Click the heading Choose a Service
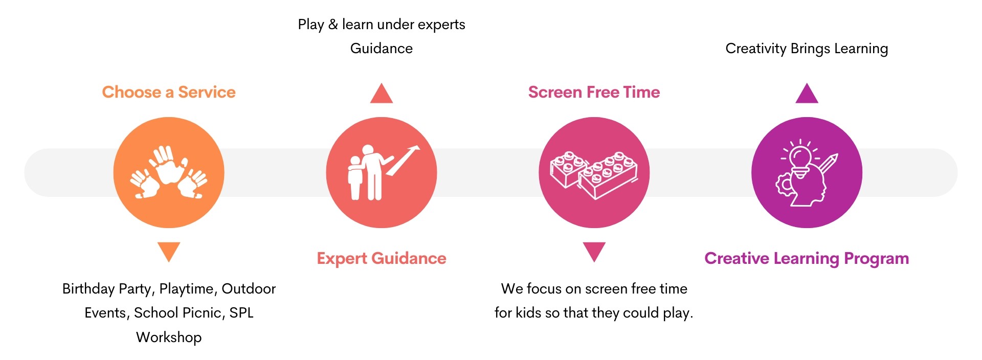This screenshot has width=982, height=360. point(169,92)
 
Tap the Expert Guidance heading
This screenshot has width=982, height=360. point(382,259)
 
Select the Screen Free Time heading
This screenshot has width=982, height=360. point(594,92)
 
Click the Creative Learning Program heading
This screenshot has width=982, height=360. point(807,259)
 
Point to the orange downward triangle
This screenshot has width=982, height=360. point(169,251)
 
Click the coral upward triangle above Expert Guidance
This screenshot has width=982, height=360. point(382,94)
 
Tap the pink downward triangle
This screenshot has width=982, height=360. point(594,251)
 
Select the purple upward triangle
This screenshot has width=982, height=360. point(807,94)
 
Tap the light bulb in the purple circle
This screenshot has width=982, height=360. point(800,159)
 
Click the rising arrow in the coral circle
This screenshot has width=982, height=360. point(403,160)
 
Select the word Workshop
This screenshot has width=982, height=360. point(169,337)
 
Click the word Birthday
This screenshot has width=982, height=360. point(88,289)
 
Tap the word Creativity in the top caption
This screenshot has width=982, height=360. point(756,49)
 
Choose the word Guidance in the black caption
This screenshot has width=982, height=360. point(382,49)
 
